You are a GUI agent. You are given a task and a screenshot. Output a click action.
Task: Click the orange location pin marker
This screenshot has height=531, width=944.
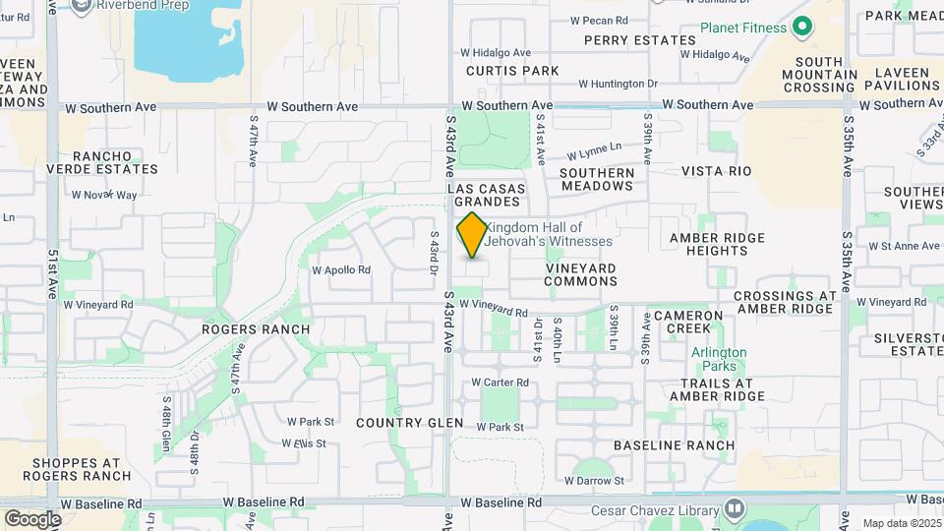(472, 235)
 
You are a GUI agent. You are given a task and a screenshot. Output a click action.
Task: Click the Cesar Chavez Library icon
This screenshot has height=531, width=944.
(734, 508)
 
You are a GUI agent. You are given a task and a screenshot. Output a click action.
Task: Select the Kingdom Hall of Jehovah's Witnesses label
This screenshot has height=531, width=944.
(548, 234)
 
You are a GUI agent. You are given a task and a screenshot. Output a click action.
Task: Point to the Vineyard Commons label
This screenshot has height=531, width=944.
(580, 274)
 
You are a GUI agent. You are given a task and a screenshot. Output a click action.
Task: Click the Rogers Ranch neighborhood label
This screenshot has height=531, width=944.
(256, 329)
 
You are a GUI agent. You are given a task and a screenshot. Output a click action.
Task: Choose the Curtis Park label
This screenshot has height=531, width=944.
(512, 71)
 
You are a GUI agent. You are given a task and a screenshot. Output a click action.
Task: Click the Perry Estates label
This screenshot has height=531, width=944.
(639, 40)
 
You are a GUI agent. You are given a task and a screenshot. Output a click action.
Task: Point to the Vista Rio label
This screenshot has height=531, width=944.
(716, 171)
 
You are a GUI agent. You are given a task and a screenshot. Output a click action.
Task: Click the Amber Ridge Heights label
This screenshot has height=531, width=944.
(717, 244)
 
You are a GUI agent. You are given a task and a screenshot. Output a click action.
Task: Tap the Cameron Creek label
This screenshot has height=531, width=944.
(688, 322)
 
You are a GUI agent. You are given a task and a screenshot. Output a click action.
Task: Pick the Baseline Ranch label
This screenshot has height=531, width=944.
(674, 445)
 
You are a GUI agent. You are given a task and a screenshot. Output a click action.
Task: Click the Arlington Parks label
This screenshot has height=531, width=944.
(719, 359)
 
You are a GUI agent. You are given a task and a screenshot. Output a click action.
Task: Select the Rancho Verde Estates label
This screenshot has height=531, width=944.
(101, 162)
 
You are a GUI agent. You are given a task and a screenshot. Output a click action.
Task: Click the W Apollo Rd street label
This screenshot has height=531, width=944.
(341, 269)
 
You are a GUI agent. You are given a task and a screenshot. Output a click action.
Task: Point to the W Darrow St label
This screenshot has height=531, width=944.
(594, 481)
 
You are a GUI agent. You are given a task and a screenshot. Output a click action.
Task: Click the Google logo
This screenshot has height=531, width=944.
(32, 519)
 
